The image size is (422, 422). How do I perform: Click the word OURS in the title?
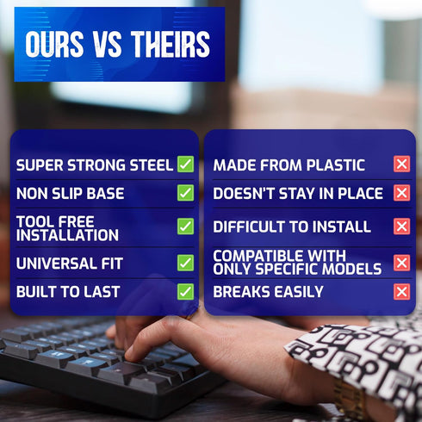coord(54,44)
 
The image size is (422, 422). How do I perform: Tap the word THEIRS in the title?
coord(171,44)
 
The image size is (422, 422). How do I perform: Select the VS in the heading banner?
coord(108,44)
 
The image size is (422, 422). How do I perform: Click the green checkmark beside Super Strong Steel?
coord(185,164)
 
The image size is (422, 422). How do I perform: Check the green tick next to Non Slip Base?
coord(185,193)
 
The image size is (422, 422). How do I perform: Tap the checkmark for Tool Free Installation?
coord(185,227)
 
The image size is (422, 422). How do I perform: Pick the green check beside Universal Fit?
coord(185,263)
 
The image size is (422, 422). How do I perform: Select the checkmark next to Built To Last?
coord(185,292)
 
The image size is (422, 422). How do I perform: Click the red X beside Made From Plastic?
coord(402,164)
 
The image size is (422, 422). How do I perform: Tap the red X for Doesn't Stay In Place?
coord(402,193)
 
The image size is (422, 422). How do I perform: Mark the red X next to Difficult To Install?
coord(402,227)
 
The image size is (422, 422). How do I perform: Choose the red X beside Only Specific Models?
coord(402,263)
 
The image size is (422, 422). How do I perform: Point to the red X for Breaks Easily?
coord(402,292)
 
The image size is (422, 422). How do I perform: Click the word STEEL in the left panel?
coord(152,165)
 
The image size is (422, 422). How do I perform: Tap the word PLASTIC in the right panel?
coord(336,165)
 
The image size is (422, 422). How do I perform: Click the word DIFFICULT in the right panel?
coord(246,227)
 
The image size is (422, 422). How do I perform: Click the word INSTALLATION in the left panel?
coord(67,235)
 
